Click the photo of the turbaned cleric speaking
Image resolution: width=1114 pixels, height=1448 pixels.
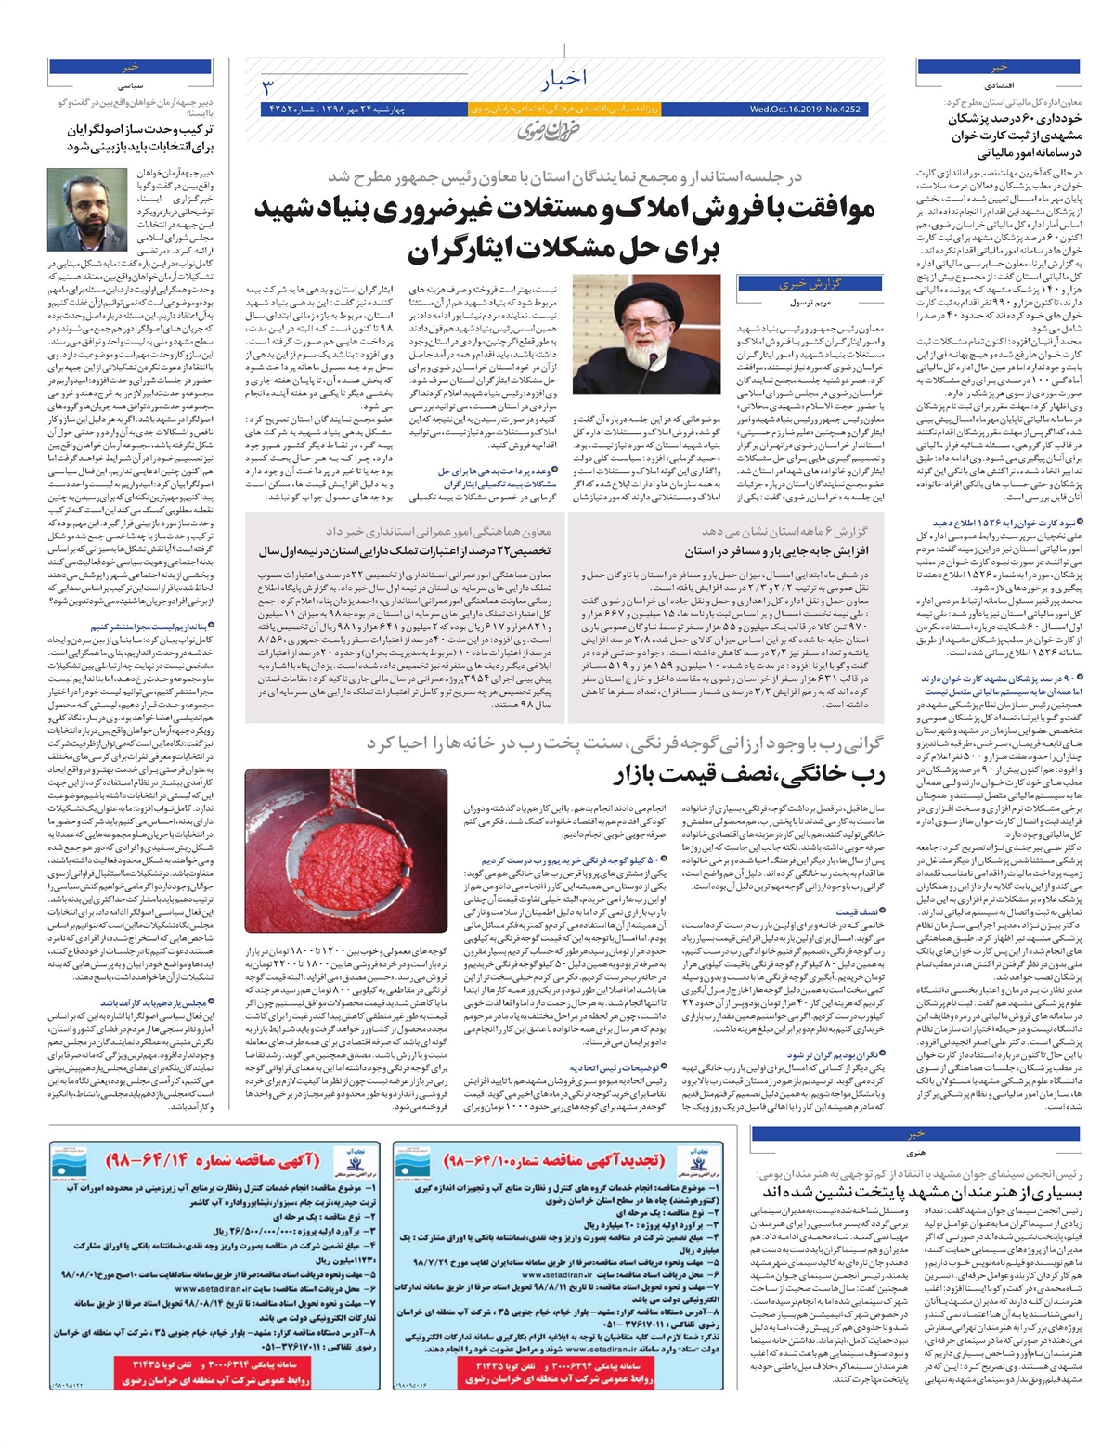click(x=622, y=321)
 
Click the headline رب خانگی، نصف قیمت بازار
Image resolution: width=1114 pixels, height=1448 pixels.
click(x=748, y=775)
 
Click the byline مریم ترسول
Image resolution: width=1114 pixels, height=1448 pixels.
click(x=816, y=304)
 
